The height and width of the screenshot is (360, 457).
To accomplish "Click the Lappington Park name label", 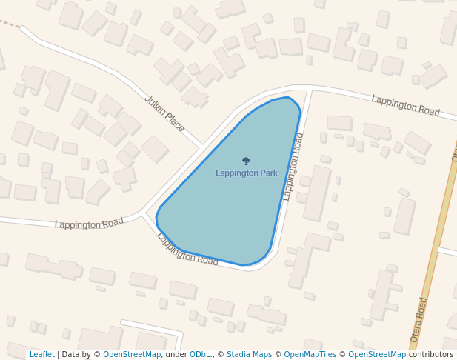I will click(247, 173).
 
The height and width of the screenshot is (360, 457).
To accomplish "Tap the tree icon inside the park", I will click(246, 161).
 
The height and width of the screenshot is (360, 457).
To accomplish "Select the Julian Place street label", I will click(164, 113).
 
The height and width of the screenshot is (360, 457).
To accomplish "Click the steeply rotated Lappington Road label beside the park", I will click(293, 167).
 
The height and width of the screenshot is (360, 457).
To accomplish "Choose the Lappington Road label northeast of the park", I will click(405, 104).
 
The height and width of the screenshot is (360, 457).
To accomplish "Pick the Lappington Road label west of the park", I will click(89, 224).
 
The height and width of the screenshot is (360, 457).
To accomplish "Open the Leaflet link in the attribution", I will click(42, 355).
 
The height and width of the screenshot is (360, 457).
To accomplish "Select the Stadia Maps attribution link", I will click(249, 355).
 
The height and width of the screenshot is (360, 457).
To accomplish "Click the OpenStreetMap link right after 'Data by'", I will click(132, 355).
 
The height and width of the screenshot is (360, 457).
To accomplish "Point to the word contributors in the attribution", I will click(431, 355).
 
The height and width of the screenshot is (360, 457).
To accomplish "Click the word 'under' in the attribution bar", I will click(176, 355).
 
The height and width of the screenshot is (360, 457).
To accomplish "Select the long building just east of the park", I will click(318, 193).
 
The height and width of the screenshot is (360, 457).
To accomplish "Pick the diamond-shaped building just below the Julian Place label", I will click(155, 149).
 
